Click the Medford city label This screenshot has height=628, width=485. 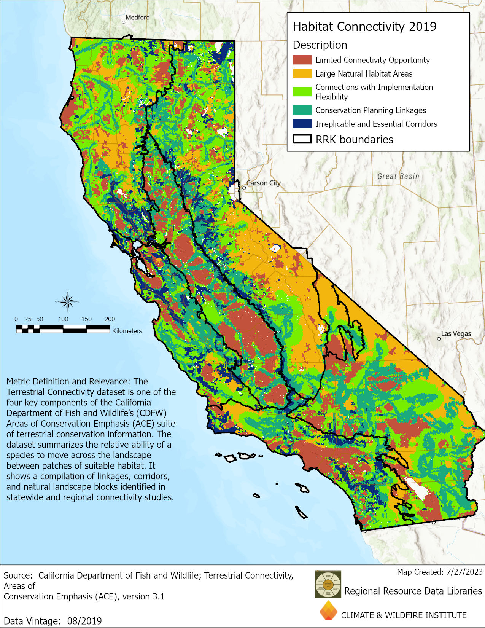[x=138, y=18]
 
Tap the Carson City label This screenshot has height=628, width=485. [x=264, y=183]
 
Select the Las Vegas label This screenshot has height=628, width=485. [x=456, y=334]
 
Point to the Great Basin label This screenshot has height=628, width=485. [x=398, y=176]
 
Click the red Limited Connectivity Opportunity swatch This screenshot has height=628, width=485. [x=302, y=60]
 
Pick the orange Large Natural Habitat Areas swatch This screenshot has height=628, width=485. [x=302, y=73]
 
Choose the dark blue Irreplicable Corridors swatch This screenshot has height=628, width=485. [x=302, y=124]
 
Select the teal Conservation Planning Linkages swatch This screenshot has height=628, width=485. [x=302, y=110]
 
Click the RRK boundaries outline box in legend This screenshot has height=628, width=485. [x=302, y=139]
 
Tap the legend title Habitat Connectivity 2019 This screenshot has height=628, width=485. [x=364, y=27]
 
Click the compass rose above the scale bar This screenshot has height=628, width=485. [x=68, y=301]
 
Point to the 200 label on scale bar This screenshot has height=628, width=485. [x=110, y=319]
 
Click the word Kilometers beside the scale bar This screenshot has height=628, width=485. [x=127, y=331]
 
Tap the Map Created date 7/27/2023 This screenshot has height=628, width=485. [x=440, y=572]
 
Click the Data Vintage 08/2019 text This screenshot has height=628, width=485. [x=53, y=621]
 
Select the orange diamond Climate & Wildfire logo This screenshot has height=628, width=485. [x=328, y=611]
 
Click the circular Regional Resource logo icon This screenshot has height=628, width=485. [x=328, y=584]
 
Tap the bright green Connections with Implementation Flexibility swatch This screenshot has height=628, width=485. [x=302, y=92]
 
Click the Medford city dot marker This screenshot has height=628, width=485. [x=124, y=22]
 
